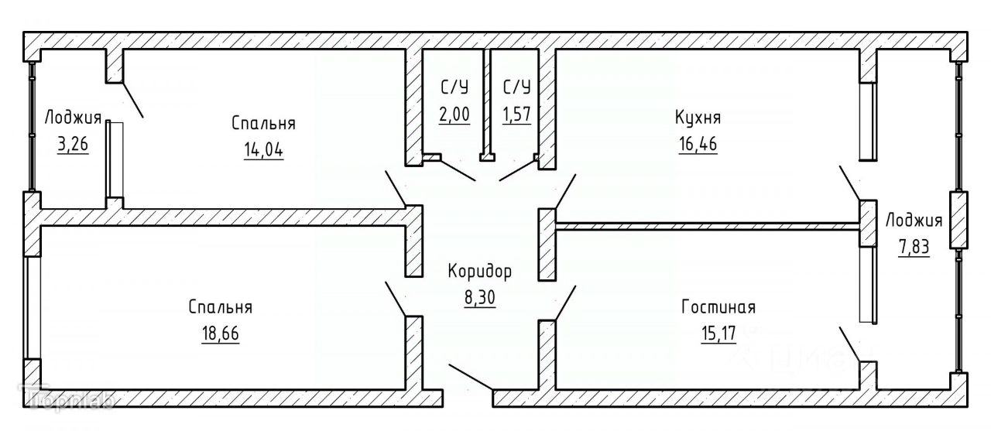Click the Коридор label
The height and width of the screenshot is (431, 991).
coord(480,272)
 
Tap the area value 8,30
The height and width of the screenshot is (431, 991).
coord(480,297)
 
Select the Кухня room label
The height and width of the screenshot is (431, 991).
coord(698,118)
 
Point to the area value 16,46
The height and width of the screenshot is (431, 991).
coord(697,144)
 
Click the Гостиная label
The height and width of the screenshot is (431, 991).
coord(718,307)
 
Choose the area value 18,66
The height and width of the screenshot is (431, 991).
coord(220,334)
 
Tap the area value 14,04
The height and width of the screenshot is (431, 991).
coord(263,149)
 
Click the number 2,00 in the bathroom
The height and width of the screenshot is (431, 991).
coord(454,115)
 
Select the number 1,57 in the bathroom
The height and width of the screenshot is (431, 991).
coord(516,115)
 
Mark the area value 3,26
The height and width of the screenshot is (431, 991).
coord(73,145)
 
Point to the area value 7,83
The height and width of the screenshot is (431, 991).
coord(914,248)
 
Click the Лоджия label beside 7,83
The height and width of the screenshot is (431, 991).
coord(914,221)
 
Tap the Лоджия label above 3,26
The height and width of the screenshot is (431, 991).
coord(73,118)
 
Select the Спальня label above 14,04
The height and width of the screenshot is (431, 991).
coord(263,123)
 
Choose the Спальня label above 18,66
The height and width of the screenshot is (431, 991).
coord(220,307)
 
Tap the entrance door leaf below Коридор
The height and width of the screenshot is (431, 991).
coord(470,377)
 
